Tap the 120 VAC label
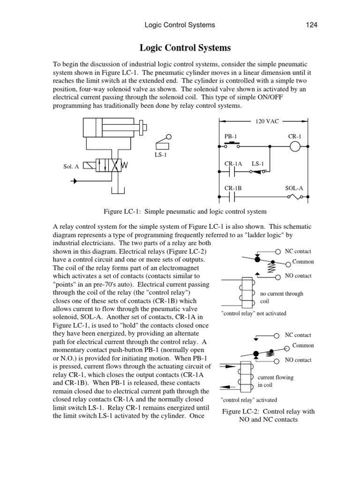coord(267,121)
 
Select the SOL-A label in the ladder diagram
coord(294,188)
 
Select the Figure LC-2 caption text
coord(268,415)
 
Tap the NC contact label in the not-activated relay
coord(298,251)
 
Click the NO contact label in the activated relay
coord(298,360)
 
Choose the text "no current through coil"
coord(281,298)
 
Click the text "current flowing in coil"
coord(275,381)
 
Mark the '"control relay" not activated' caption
coord(253,313)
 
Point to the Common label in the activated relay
coord(303,345)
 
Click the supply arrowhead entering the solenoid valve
coord(73,180)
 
